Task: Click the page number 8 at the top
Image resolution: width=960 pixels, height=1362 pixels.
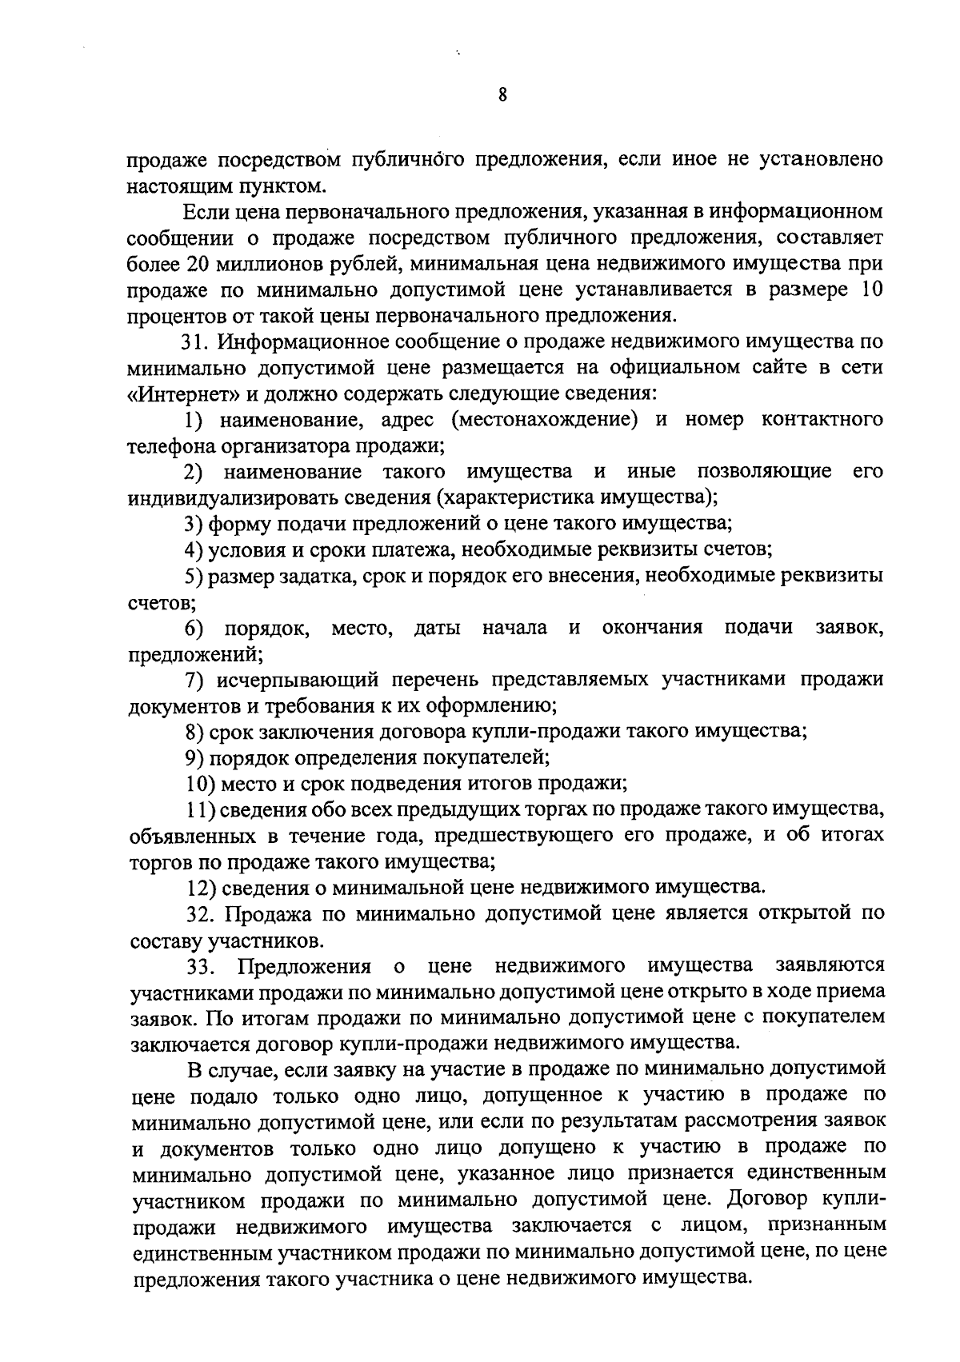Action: pyautogui.click(x=502, y=96)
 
